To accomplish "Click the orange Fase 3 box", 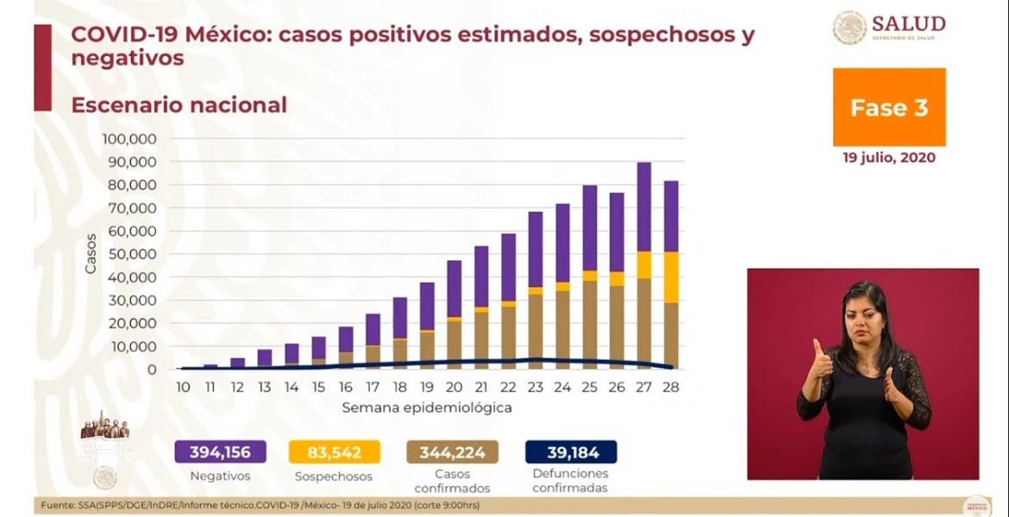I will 888,108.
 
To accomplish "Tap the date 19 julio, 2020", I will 888,159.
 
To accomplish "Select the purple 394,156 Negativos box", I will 220,452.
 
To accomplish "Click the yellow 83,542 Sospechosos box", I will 332,452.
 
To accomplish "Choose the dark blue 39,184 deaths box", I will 571,452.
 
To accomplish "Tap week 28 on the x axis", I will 670,387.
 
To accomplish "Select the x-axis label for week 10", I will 184,387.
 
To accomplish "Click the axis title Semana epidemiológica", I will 427,407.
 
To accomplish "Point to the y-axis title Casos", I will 91,254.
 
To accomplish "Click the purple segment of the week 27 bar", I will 643,207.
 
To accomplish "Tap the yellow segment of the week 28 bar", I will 670,277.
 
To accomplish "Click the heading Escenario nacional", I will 179,105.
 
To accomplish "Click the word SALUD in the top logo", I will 908,23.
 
